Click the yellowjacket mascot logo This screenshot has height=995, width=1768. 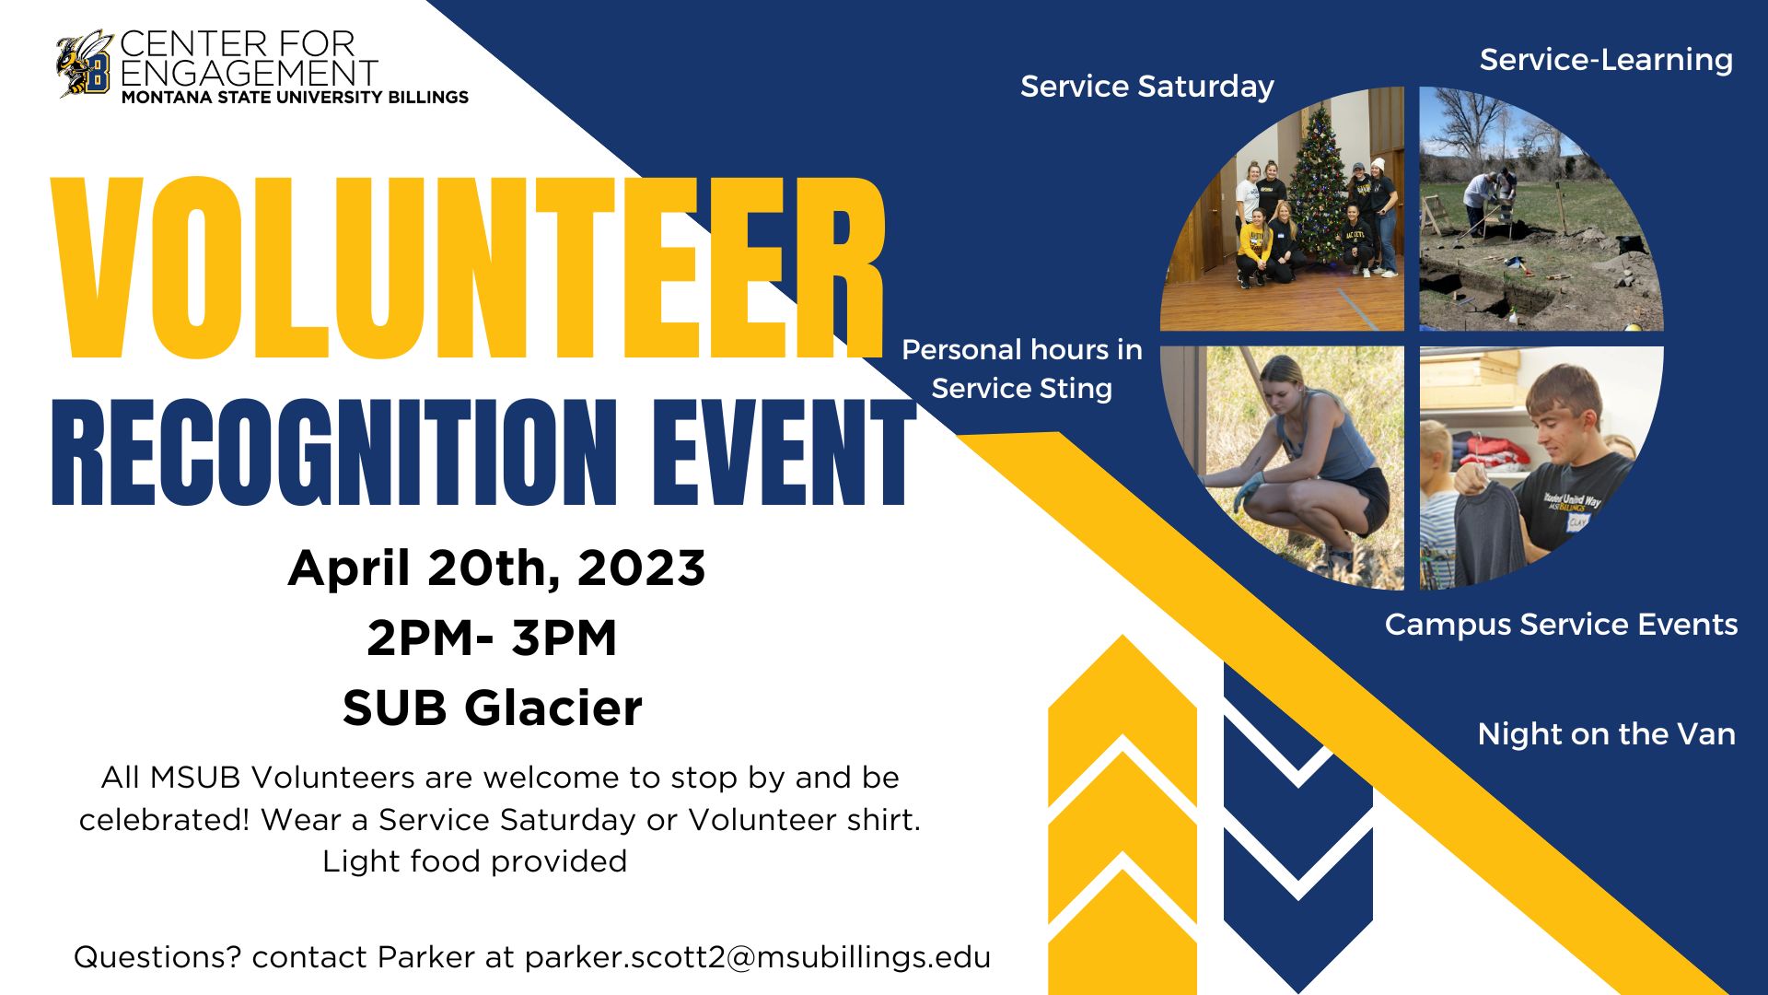85,64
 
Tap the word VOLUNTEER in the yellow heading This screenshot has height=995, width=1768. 468,267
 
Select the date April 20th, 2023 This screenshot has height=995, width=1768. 496,568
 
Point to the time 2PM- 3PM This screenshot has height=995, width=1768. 492,638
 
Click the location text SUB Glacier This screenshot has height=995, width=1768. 493,708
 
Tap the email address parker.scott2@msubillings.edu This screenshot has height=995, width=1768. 758,957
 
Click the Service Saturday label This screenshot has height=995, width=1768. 1147,87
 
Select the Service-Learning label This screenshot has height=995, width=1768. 1607,60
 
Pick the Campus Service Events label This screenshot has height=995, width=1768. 1562,625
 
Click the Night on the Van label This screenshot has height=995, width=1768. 1607,734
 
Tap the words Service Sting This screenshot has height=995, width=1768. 1022,389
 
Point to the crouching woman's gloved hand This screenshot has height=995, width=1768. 1245,493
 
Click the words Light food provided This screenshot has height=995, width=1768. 474,861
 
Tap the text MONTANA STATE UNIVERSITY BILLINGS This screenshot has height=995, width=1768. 295,97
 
